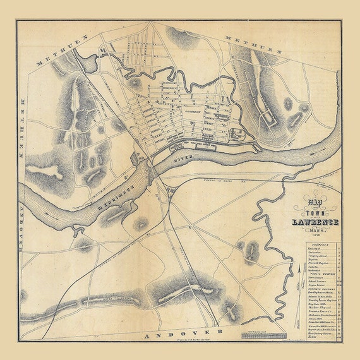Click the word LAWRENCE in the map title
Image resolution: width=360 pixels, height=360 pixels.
(x=316, y=222)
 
